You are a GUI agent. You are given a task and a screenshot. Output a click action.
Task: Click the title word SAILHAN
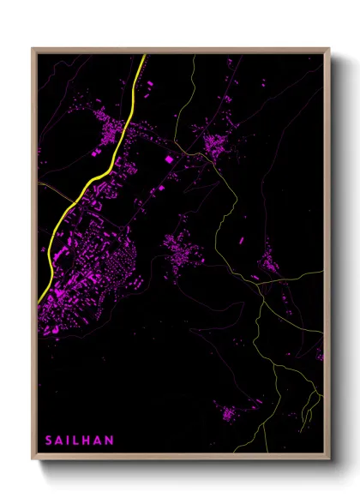pyautogui.click(x=80, y=440)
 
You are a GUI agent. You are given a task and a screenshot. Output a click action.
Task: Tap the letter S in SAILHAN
pyautogui.click(x=49, y=440)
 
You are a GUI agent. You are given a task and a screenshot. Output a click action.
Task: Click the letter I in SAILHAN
pyautogui.click(x=69, y=440)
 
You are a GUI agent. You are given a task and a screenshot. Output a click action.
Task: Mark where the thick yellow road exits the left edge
pyautogui.click(x=39, y=300)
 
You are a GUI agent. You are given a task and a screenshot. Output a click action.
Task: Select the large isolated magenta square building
pyautogui.click(x=169, y=159)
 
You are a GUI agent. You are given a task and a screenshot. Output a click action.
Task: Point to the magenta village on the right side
pyautogui.click(x=270, y=261)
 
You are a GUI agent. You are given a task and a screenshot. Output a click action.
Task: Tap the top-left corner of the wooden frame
pyautogui.click(x=33, y=49)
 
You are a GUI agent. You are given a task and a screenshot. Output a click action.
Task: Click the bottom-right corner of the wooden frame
pyautogui.click(x=330, y=459)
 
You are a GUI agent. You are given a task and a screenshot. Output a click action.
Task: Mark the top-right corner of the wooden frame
pyautogui.click(x=330, y=49)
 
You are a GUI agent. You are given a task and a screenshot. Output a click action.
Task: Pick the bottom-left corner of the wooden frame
pyautogui.click(x=33, y=459)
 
